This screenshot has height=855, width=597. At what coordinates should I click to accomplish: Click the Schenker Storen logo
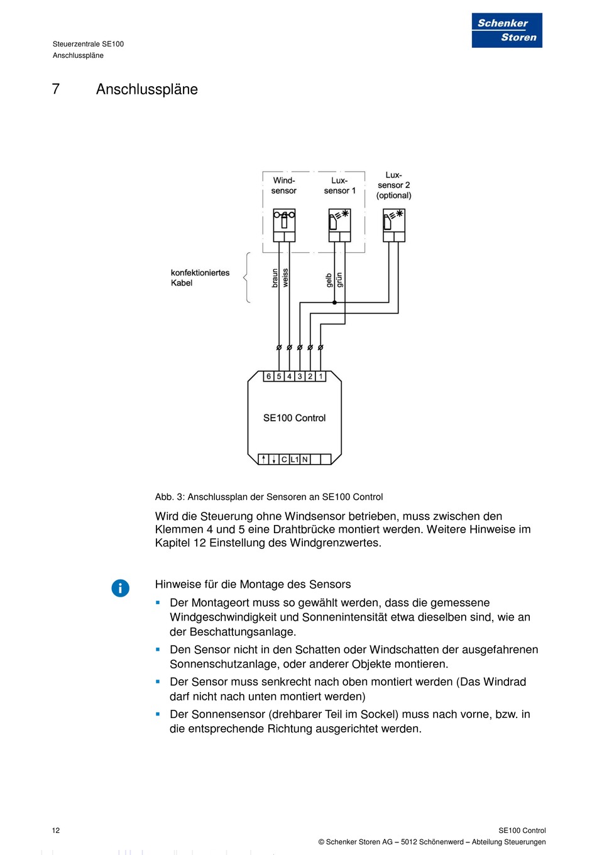pyautogui.click(x=507, y=30)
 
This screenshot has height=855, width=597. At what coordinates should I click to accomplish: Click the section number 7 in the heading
pyautogui.click(x=56, y=89)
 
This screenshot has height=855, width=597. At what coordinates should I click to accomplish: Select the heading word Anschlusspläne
pyautogui.click(x=146, y=89)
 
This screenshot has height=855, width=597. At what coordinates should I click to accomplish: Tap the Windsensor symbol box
pyautogui.click(x=284, y=226)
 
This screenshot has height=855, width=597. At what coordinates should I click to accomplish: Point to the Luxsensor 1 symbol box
pyautogui.click(x=339, y=226)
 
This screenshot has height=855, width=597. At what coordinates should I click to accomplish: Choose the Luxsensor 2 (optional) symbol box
pyautogui.click(x=394, y=226)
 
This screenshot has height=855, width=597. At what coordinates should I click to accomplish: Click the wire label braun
pyautogui.click(x=275, y=278)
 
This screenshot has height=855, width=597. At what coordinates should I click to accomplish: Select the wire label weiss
pyautogui.click(x=285, y=278)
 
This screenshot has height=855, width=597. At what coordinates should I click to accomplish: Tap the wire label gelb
pyautogui.click(x=329, y=280)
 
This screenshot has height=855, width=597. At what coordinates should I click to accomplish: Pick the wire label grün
pyautogui.click(x=339, y=280)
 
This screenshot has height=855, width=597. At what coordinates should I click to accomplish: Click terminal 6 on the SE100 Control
pyautogui.click(x=268, y=377)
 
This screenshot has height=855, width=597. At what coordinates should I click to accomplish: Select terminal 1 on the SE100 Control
pyautogui.click(x=320, y=377)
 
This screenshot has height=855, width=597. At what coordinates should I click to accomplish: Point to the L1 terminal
pyautogui.click(x=295, y=460)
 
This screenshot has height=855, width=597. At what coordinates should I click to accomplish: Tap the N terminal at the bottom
pyautogui.click(x=305, y=460)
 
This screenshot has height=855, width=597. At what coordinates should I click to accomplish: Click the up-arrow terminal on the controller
pyautogui.click(x=264, y=460)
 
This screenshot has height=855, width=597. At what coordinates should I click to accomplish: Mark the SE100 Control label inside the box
pyautogui.click(x=294, y=418)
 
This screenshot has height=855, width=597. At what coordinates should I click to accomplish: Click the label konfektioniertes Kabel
pyautogui.click(x=200, y=278)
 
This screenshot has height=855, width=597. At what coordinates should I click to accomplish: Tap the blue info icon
pyautogui.click(x=120, y=588)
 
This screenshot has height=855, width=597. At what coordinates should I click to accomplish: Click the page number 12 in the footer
pyautogui.click(x=56, y=830)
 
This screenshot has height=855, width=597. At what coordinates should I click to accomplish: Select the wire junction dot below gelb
pyautogui.click(x=334, y=302)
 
